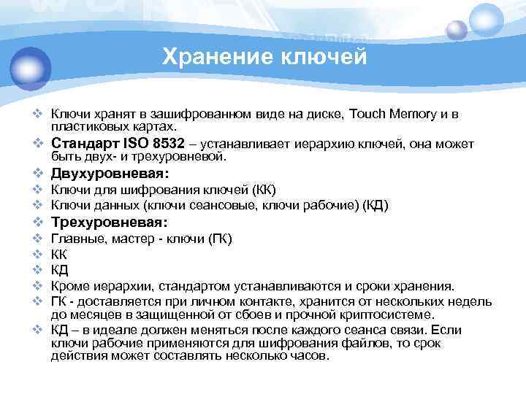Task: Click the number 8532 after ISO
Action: (x=175, y=144)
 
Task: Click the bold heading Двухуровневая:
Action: (x=110, y=174)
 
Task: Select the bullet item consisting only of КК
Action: (x=59, y=255)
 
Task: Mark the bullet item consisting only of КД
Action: (x=59, y=270)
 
